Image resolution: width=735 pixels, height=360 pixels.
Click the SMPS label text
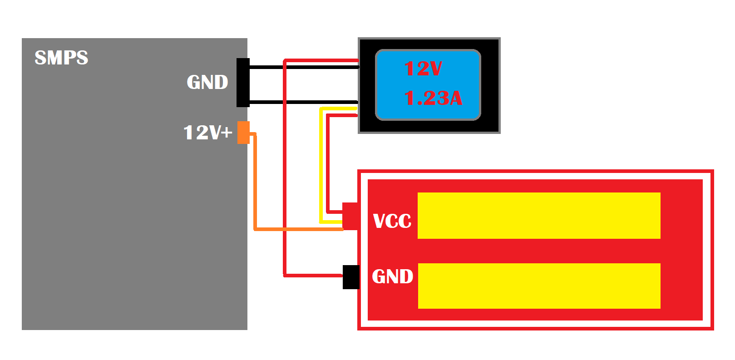tap(61, 58)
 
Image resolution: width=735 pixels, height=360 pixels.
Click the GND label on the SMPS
tap(207, 82)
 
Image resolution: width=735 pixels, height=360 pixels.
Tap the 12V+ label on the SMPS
tap(207, 133)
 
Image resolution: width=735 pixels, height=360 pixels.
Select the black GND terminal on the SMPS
tap(243, 83)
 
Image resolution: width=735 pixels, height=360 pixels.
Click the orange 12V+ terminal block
tap(243, 133)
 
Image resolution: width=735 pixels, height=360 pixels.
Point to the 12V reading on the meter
tap(423, 69)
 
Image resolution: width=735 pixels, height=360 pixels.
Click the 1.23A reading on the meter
tap(433, 98)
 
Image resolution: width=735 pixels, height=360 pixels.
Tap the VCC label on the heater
tap(392, 221)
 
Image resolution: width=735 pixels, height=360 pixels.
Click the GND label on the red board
tap(392, 276)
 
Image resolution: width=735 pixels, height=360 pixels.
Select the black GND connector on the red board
tap(351, 277)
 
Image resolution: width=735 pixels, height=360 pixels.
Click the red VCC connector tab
tap(350, 216)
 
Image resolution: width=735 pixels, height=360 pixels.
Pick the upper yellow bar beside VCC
tap(538, 216)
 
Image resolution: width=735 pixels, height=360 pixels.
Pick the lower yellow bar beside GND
tap(538, 286)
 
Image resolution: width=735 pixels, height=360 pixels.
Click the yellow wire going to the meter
tap(321, 173)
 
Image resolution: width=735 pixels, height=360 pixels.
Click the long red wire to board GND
tap(285, 182)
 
